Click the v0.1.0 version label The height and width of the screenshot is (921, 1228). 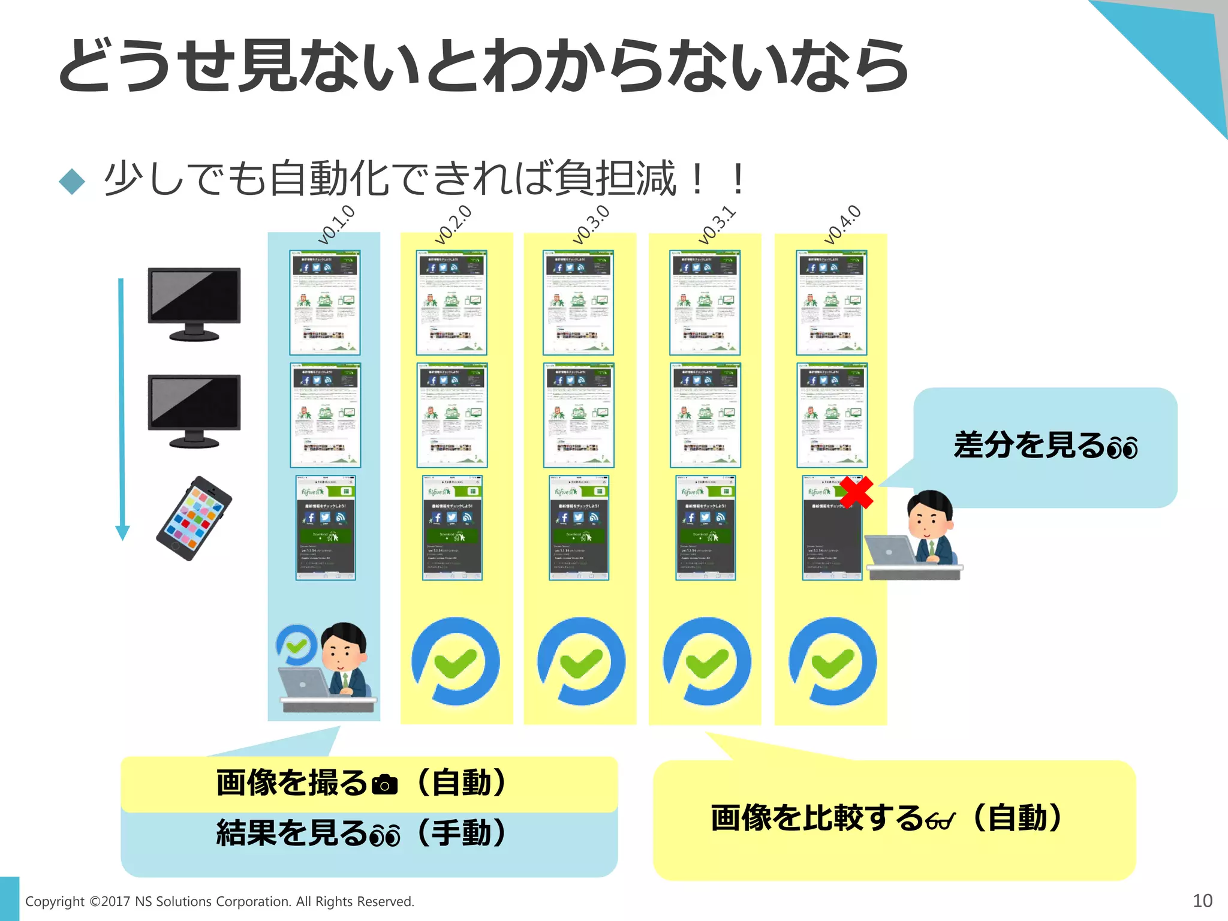[x=336, y=225]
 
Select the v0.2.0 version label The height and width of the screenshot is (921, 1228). [x=453, y=225]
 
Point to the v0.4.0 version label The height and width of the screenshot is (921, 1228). [x=842, y=225]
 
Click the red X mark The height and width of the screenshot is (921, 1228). [x=856, y=492]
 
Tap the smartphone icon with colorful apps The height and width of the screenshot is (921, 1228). [x=194, y=519]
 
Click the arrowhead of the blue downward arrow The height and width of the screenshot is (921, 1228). [x=122, y=532]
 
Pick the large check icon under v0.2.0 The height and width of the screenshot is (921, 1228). [x=456, y=661]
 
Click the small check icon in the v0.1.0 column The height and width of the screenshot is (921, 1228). [x=296, y=645]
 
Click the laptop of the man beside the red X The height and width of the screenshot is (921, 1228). [x=890, y=550]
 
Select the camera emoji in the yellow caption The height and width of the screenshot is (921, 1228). [x=384, y=784]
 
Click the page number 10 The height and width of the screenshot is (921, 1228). [x=1202, y=901]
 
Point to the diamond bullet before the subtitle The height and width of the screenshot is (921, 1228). [x=73, y=181]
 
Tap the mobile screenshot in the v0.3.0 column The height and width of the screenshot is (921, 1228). [x=579, y=528]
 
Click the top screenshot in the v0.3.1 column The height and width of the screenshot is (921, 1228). [x=705, y=303]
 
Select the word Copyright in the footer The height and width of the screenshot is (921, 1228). [x=55, y=902]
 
